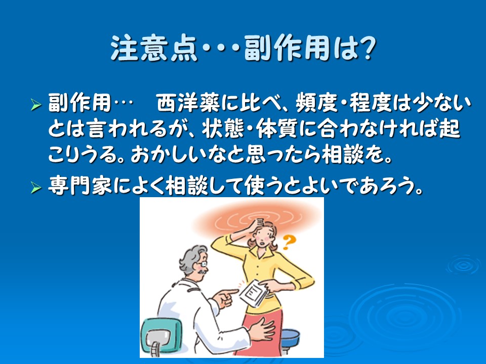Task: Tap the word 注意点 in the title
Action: (x=154, y=49)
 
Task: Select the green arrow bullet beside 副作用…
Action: (x=36, y=105)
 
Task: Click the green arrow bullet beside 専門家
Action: (x=36, y=188)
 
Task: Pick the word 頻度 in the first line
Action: (x=316, y=103)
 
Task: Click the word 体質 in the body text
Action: (x=277, y=128)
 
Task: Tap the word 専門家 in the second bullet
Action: (x=79, y=186)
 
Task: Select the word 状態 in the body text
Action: (x=223, y=128)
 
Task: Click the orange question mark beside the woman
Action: (x=289, y=242)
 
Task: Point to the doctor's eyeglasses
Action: (x=203, y=264)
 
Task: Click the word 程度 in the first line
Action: (x=370, y=103)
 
